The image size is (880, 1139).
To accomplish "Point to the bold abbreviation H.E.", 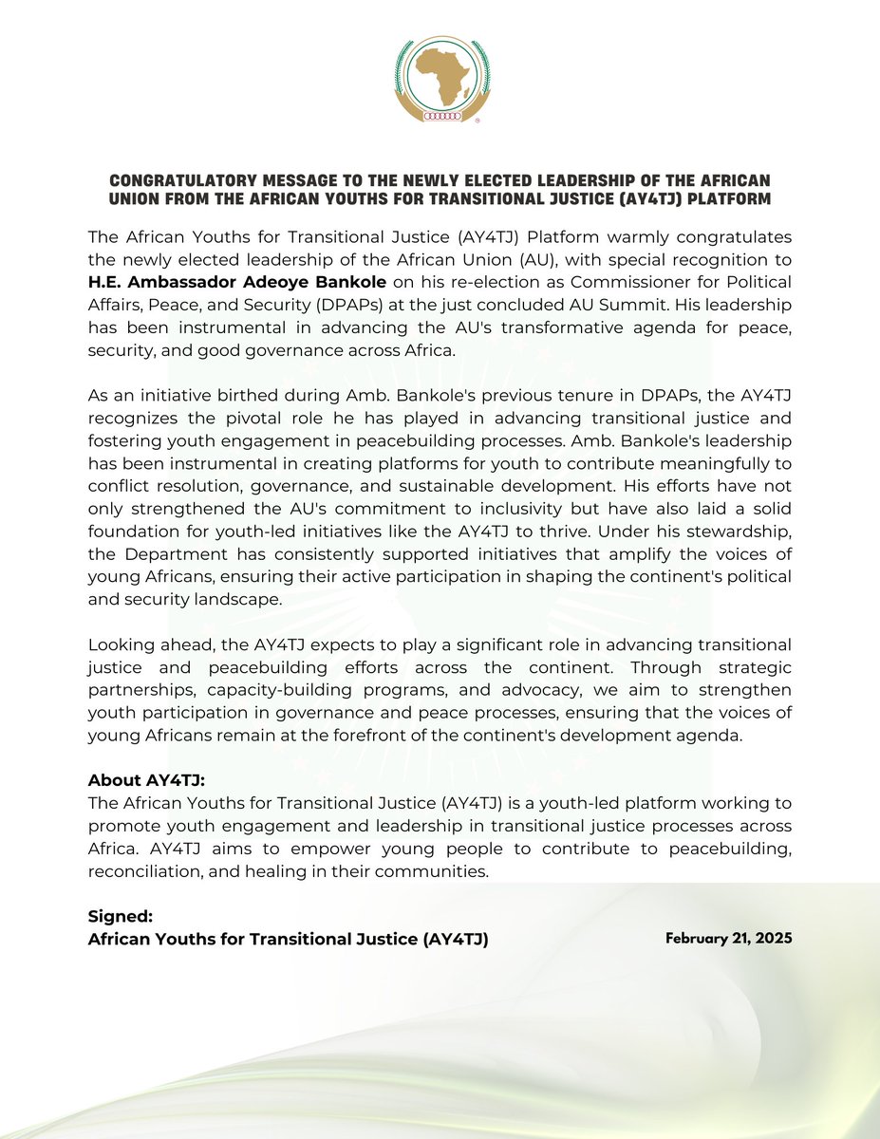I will pos(106,283).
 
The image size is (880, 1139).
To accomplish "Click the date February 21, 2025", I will pos(728,938).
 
